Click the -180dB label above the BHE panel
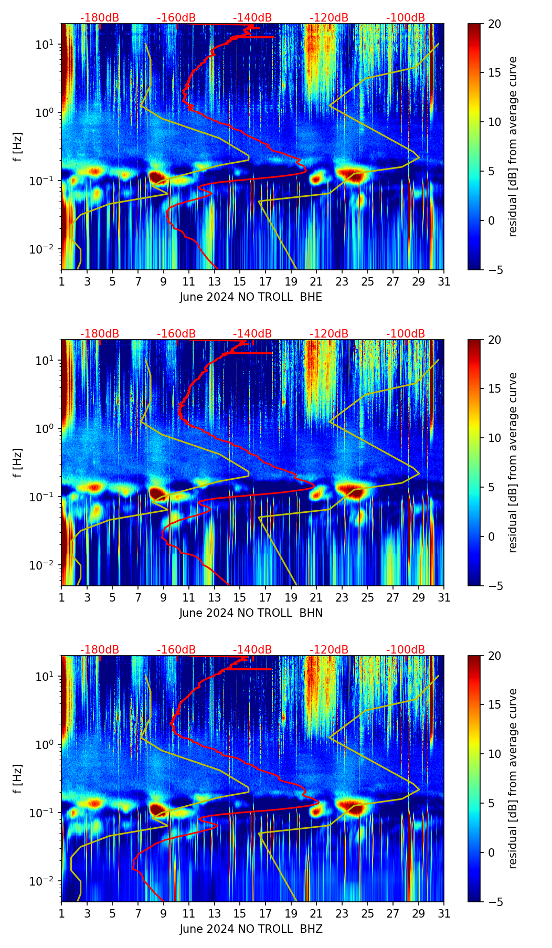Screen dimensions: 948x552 point(100,18)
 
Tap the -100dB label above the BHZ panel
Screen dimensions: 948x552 point(406,650)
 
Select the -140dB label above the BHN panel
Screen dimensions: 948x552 point(252,334)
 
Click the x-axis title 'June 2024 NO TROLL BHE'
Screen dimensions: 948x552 point(251,297)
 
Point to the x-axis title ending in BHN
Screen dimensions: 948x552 point(251,613)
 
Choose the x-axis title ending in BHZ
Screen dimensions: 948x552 point(251,929)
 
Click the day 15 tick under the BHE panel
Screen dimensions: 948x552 point(240,281)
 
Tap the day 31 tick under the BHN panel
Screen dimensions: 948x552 point(444,597)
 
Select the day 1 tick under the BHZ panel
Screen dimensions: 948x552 point(62,913)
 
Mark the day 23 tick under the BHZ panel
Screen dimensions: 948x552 point(342,913)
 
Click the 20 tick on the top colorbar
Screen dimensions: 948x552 point(495,24)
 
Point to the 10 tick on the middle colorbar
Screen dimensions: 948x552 point(495,438)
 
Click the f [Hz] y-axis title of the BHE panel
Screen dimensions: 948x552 point(18,146)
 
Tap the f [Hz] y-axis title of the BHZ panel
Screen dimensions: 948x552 point(18,778)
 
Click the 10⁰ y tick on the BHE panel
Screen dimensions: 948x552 point(45,112)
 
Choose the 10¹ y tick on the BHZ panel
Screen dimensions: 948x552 point(45,676)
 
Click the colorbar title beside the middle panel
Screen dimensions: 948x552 point(513,462)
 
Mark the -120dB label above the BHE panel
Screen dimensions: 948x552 point(329,18)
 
